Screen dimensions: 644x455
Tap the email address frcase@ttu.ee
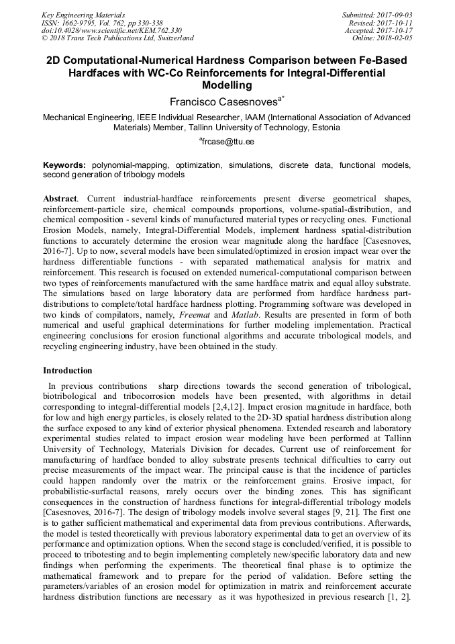click(227, 142)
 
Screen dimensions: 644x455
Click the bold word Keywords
click(64, 165)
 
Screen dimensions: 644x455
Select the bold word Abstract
click(60, 199)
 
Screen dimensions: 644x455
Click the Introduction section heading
click(68, 371)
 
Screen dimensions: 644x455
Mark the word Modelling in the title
click(227, 85)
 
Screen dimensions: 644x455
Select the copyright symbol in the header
click(45, 38)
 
